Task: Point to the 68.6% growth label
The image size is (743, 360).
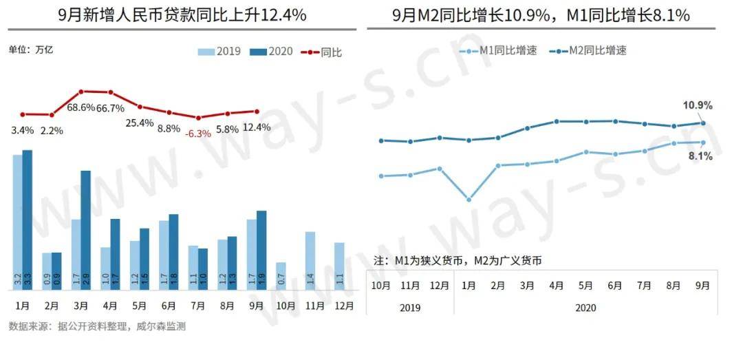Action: tap(81, 107)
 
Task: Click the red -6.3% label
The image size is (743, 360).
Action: tap(198, 134)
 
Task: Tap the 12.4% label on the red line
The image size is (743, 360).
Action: tap(257, 127)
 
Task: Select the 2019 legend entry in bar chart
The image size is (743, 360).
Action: tap(219, 52)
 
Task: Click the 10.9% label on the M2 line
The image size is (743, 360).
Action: tap(697, 105)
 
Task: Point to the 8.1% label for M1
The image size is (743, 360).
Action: tap(700, 156)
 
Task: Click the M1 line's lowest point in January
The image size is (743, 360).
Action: tap(469, 200)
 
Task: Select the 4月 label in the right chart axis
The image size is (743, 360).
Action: tap(556, 285)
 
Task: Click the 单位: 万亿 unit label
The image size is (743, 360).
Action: tap(30, 50)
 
